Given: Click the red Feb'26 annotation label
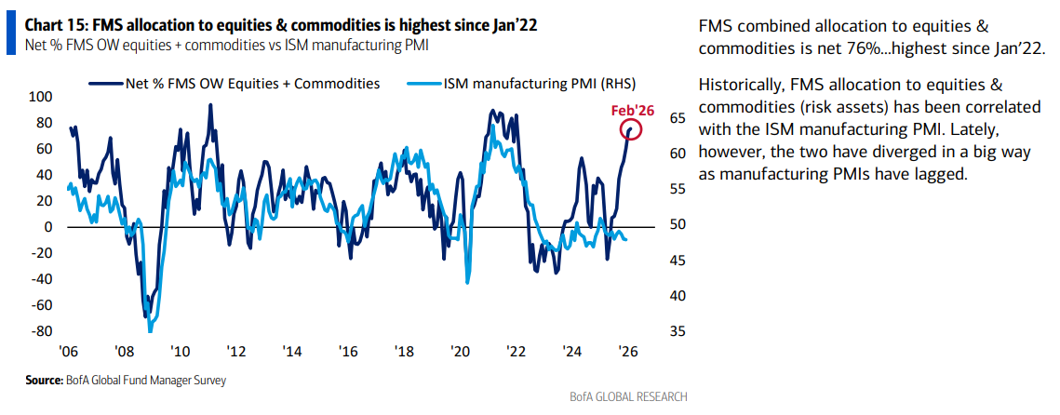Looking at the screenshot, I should tap(634, 110).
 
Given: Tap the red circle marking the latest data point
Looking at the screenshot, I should tap(632, 130).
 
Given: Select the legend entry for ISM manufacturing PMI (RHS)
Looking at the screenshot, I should tap(508, 83).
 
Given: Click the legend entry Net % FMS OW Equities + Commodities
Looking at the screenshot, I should tap(252, 83).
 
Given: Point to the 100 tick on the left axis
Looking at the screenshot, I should tap(40, 97).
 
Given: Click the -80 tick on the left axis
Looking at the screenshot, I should tap(40, 330).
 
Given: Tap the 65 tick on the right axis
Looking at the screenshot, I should tap(677, 118).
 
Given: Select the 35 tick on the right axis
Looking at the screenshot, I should tap(677, 331).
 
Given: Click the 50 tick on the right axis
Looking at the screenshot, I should tap(677, 225).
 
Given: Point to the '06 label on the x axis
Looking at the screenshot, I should tap(67, 352).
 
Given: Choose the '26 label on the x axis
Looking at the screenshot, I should tap(628, 352).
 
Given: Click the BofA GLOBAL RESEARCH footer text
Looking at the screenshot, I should tap(628, 397).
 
